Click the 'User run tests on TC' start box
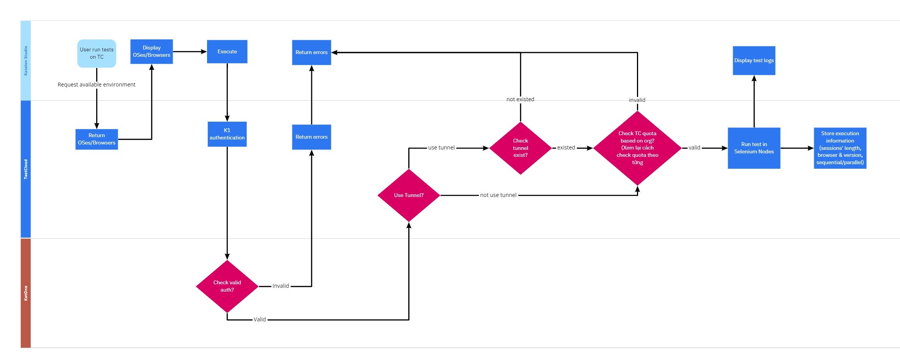pos(97,53)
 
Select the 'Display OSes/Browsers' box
pos(151,51)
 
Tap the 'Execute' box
pos(227,51)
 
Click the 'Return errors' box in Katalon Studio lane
pos(311,52)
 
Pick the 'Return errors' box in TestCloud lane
pos(311,137)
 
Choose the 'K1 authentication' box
pos(227,134)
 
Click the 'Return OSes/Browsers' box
pos(97,139)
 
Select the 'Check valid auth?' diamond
pos(227,286)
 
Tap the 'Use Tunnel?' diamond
pos(409,195)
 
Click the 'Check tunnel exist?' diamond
pos(520,148)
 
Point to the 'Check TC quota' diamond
pos(637,148)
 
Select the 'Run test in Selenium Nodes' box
pos(754,148)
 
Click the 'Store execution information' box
pos(840,148)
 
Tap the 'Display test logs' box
pos(754,60)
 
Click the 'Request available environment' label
pos(97,85)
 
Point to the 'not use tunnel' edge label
pos(498,195)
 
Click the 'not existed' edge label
pos(520,99)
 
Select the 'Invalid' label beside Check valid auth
pos(280,286)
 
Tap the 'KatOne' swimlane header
pos(25,293)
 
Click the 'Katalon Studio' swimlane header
pos(25,60)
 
